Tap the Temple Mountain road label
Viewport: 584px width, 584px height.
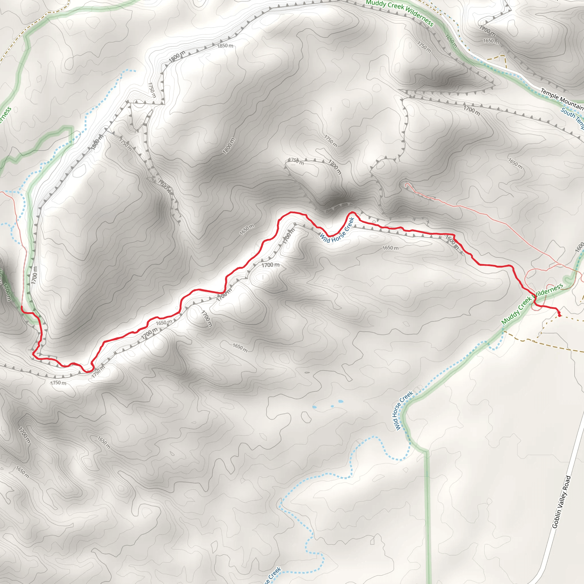562,100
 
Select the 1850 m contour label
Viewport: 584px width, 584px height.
225,46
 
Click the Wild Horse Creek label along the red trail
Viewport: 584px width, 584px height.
337,230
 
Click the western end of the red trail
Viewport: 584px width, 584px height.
21,307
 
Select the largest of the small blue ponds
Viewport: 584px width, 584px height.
341,402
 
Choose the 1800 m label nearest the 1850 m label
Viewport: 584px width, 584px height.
177,56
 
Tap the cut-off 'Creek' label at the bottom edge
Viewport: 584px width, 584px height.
272,576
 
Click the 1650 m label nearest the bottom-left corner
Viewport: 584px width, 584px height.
22,473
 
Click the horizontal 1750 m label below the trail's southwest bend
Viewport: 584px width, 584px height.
58,383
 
